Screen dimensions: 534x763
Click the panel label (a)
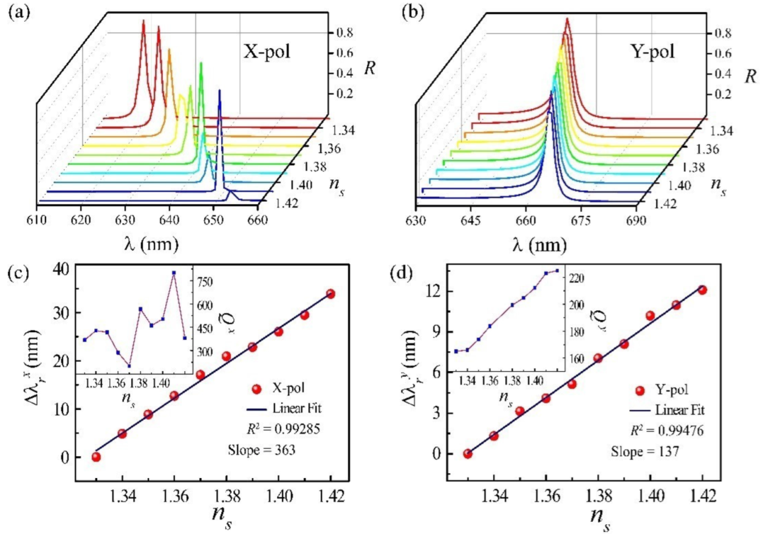(x=16, y=12)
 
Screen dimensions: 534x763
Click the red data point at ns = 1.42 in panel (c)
(x=330, y=294)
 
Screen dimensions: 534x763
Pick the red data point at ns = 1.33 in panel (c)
(x=96, y=457)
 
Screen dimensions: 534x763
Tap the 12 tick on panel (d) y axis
(x=436, y=291)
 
